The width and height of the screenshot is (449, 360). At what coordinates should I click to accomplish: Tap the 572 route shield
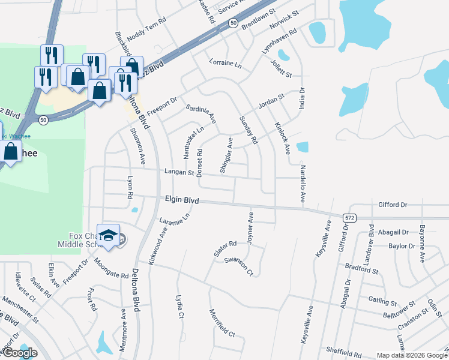point(351,216)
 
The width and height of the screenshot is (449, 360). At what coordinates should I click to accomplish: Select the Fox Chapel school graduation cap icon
point(108,235)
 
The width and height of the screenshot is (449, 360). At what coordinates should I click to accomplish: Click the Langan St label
point(180,172)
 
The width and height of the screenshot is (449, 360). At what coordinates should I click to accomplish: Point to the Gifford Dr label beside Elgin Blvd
point(393,205)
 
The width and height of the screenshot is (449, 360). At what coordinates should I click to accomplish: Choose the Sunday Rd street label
point(247,130)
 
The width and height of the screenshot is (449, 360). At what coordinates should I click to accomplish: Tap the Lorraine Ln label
point(225,63)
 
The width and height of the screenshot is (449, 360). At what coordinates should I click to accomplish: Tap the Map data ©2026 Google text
point(411,355)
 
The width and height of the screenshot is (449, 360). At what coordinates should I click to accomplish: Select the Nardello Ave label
point(303,184)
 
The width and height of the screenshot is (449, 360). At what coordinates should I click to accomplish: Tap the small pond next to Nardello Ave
point(302,147)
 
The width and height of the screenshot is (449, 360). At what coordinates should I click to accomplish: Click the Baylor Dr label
point(402,246)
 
